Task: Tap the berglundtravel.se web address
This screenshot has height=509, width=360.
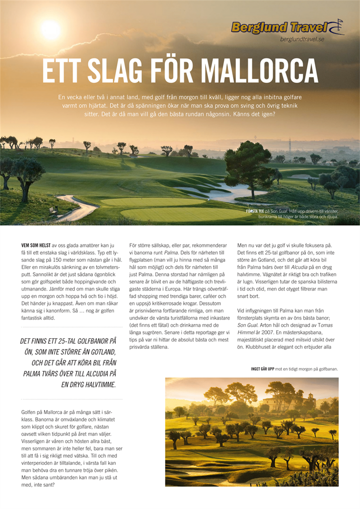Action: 302,40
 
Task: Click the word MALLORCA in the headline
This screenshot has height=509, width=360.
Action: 259,71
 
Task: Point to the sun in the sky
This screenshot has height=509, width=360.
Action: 50,30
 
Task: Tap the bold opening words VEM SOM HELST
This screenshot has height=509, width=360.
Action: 36,245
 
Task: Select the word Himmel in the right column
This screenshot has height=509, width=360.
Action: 248,332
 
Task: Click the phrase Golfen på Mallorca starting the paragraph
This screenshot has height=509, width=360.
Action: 48,412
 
